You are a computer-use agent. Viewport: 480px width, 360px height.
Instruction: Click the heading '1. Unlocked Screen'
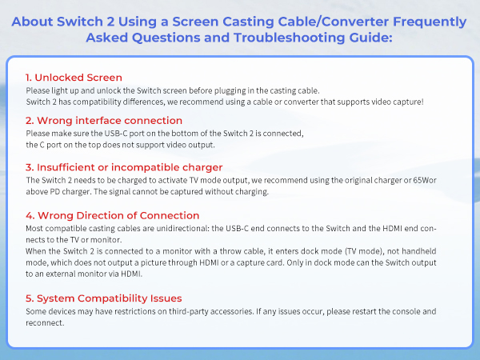coord(74,78)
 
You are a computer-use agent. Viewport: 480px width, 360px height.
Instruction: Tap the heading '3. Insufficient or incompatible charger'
coord(123,167)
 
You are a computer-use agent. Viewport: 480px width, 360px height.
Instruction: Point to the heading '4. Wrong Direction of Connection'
coord(112,215)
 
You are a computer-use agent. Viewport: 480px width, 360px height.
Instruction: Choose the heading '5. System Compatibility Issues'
coord(108,298)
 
